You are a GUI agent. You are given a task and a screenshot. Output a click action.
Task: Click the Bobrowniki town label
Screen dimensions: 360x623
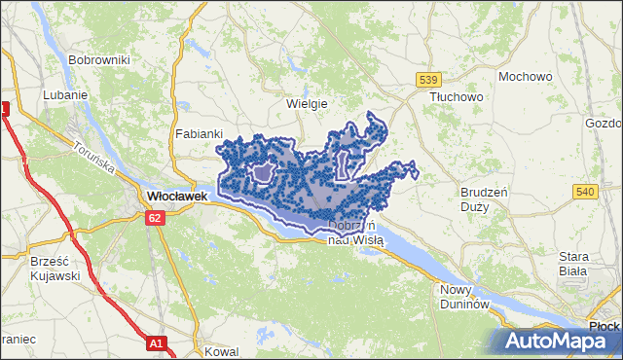pos(98,59)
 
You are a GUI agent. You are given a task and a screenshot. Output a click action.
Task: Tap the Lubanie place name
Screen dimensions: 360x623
pos(66,95)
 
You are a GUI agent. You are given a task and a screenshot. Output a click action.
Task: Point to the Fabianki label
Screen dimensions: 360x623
pos(200,134)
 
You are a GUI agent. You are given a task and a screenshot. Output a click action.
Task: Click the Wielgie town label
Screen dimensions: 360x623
pos(307,103)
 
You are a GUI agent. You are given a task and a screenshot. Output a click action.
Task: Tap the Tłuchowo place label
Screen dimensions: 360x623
pos(457,97)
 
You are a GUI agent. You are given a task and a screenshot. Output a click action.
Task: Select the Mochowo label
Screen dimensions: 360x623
pos(525,76)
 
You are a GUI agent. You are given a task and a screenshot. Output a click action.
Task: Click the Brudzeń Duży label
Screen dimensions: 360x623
pos(482,199)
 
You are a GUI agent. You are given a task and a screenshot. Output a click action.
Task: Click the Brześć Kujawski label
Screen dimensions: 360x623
pos(38,269)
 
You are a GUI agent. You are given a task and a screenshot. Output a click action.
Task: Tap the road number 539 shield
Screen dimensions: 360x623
pos(428,79)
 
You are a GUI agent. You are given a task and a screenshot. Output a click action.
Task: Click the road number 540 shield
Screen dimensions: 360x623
pos(584,192)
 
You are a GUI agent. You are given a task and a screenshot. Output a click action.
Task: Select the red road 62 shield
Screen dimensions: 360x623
pos(156,219)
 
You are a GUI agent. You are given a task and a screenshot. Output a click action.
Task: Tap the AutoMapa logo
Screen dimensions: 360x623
pos(559,342)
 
